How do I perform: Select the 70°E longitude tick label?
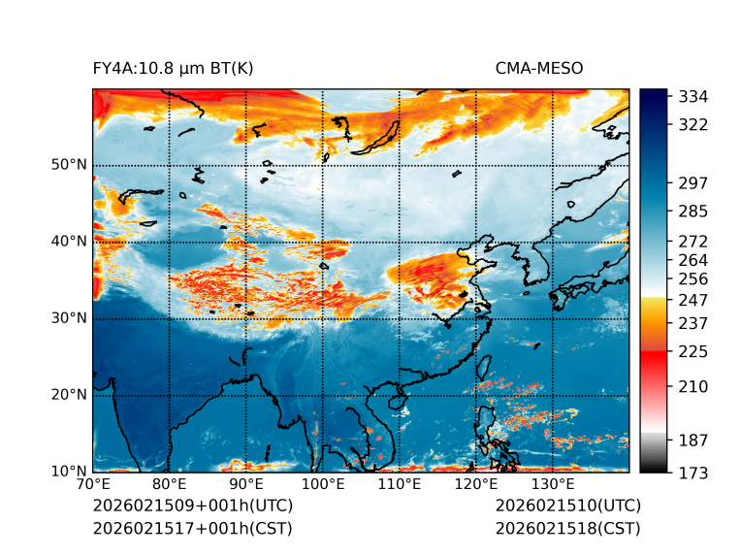[93, 484]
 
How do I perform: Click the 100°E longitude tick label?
[323, 484]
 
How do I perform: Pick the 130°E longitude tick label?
[552, 484]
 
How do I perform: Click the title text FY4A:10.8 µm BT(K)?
[174, 68]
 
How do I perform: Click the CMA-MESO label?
[538, 68]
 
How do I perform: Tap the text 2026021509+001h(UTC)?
[193, 506]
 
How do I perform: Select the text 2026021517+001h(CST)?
[193, 528]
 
